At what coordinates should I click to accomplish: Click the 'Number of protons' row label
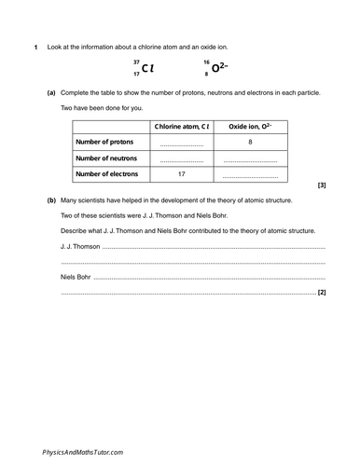pyautogui.click(x=104, y=142)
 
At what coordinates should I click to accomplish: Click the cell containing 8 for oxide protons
pyautogui.click(x=252, y=142)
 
